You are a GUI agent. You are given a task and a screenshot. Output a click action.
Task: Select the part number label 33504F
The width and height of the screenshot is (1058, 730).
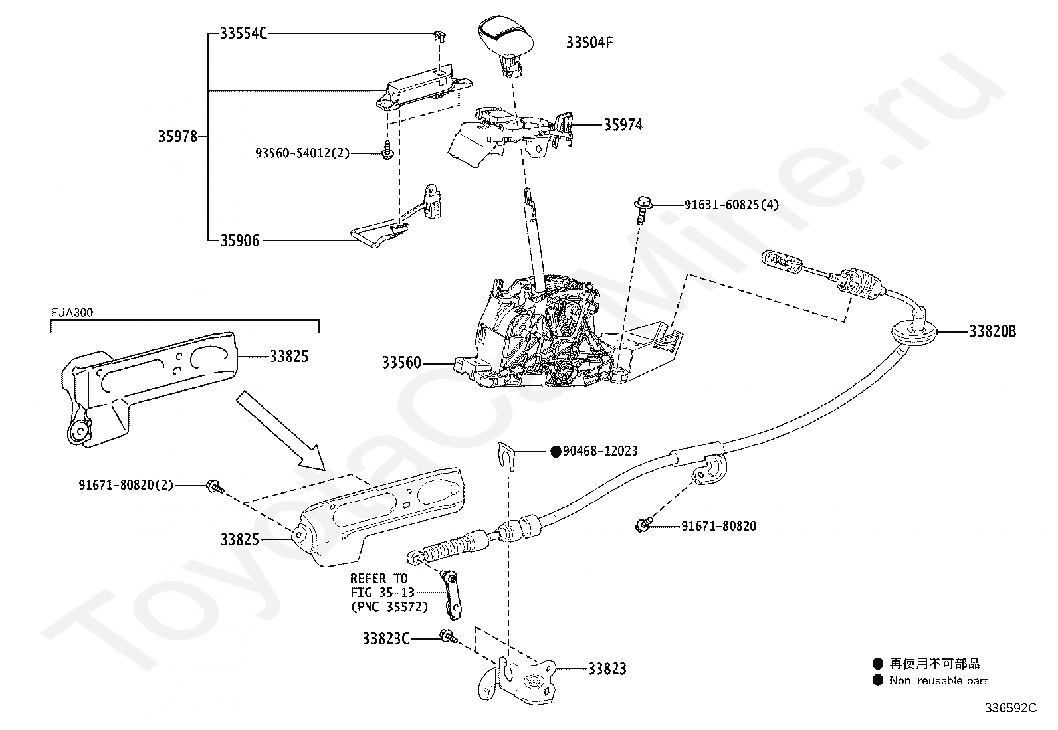point(589,43)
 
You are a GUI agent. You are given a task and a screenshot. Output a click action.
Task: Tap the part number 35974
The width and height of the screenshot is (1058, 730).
point(623,125)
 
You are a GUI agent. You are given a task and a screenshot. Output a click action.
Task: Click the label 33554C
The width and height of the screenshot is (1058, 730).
point(243,33)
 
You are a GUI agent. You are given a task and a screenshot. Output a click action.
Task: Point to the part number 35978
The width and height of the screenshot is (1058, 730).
point(177,137)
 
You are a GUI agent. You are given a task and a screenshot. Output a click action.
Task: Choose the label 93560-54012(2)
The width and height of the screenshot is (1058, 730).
point(302,153)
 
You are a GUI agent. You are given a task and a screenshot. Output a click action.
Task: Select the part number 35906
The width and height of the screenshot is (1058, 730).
point(240,240)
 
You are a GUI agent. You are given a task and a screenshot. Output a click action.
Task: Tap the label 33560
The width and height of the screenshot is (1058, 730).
point(401,363)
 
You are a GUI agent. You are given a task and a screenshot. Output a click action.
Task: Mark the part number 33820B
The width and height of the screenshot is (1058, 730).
point(992,331)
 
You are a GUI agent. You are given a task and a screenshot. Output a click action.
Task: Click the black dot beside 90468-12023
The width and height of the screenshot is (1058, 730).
point(556,452)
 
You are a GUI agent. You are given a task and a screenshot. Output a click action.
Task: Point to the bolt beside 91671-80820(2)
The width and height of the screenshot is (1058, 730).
point(214,486)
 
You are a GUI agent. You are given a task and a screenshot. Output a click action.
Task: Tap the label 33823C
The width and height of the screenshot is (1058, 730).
point(385,639)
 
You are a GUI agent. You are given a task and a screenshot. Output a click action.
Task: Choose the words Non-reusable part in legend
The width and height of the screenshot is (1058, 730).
point(938,680)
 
